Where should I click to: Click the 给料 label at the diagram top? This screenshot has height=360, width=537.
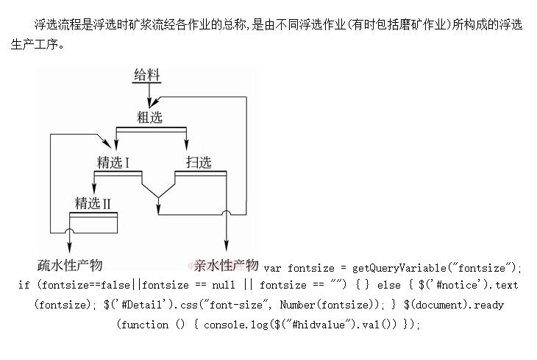(x=147, y=75)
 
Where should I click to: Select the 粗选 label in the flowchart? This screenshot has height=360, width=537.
(x=149, y=116)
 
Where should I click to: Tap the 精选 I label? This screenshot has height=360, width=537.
(x=113, y=162)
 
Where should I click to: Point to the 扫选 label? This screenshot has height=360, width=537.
(x=199, y=162)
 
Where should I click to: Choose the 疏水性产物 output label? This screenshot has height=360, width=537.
(x=70, y=265)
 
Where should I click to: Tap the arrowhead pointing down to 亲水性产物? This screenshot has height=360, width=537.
(x=226, y=250)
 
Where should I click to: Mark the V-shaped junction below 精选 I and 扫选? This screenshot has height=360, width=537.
(x=158, y=195)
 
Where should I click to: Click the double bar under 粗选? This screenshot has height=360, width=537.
(x=152, y=130)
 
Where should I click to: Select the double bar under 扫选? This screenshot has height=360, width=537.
(x=199, y=172)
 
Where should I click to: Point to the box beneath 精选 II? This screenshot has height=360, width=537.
(x=93, y=222)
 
